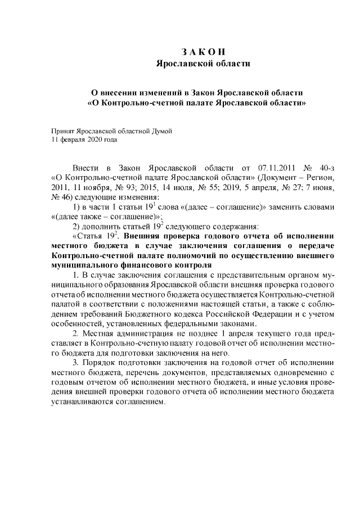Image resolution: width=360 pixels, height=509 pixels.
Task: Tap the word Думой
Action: pyautogui.click(x=159, y=130)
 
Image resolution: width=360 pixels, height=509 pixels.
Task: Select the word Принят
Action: pyautogui.click(x=62, y=130)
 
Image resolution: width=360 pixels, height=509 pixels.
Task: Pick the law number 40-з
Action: pyautogui.click(x=323, y=168)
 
